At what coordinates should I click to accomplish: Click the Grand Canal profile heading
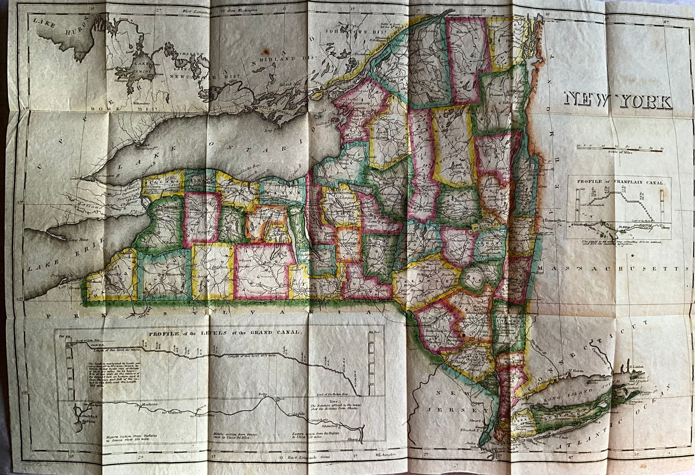click(224, 332)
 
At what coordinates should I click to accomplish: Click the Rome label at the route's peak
click(262, 395)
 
